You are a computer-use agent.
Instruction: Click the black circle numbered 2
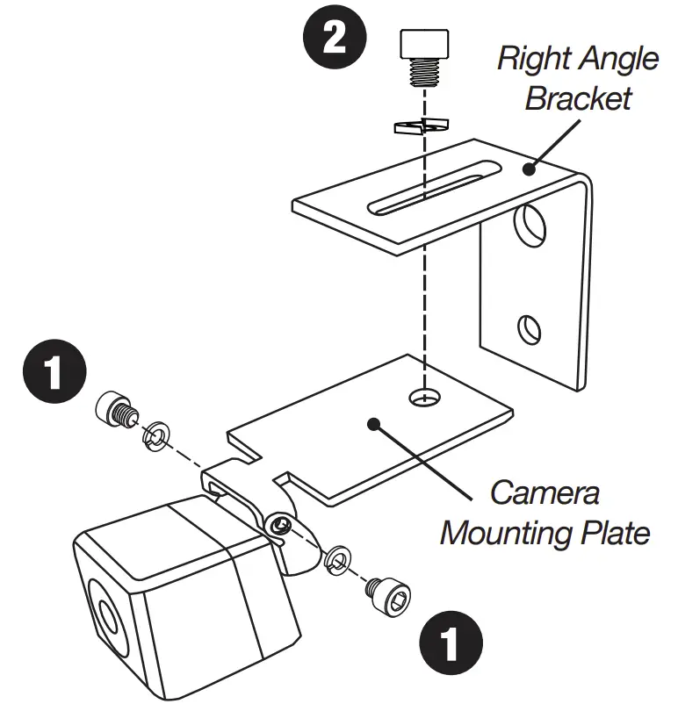[x=335, y=41]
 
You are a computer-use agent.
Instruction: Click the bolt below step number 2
[x=423, y=57]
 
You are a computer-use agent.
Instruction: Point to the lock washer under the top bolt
[x=421, y=125]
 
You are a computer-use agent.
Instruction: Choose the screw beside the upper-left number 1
[x=113, y=411]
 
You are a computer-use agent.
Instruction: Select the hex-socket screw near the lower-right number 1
[x=387, y=600]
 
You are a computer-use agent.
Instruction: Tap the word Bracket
[x=578, y=97]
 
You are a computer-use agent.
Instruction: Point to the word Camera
[x=545, y=492]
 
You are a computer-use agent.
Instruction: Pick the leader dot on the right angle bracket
[x=528, y=169]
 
